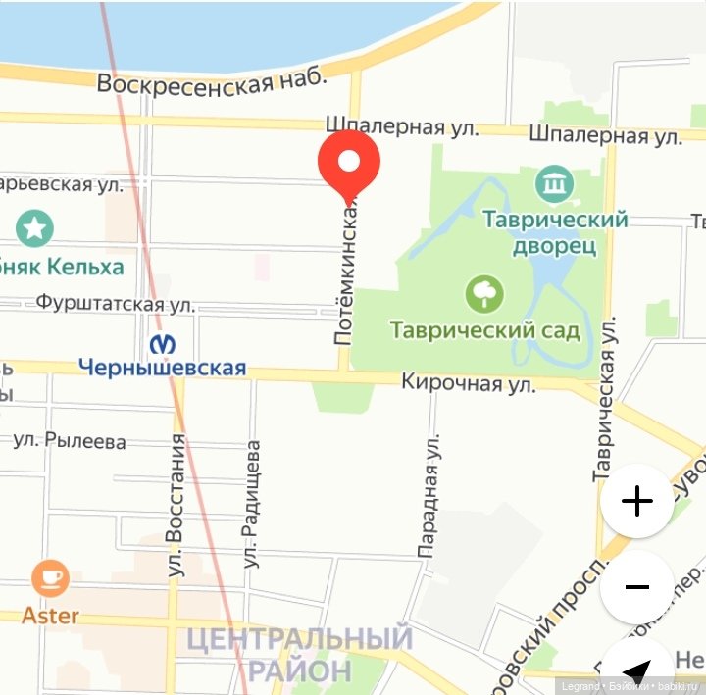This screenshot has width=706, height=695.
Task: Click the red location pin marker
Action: pos(349,162)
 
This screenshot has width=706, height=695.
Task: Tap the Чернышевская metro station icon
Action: pos(163,344)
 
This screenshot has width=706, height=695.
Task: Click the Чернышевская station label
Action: pos(162,369)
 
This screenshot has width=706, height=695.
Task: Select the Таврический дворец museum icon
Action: pos(555,183)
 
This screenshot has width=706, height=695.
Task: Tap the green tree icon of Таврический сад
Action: pos(484,293)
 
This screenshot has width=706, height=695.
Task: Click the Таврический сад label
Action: pos(485,330)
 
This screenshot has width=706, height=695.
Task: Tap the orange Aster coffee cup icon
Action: pos(50,578)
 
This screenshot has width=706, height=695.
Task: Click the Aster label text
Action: pos(50,617)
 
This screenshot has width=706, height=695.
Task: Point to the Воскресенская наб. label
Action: pos(211,84)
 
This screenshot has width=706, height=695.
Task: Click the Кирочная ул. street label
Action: pos(469,383)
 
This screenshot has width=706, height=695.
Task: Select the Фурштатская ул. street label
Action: pos(115,304)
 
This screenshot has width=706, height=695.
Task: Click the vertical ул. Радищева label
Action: pos(253,504)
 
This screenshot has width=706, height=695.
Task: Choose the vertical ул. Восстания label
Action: pos(176,505)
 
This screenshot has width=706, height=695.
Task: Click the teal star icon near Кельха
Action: pos(35,229)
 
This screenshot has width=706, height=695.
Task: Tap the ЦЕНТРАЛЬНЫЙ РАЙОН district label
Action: pos(299,655)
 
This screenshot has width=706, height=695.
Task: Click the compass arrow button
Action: pos(636,672)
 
